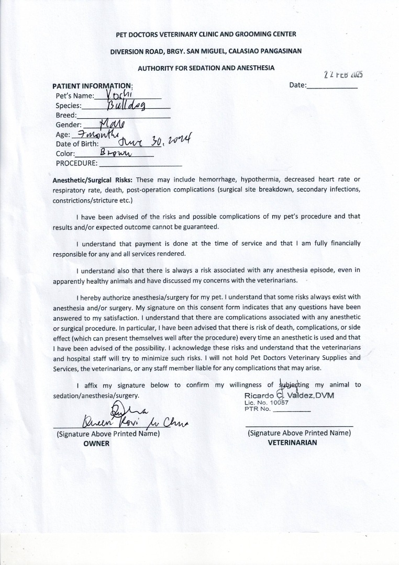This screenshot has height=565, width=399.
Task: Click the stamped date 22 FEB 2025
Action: pos(343,74)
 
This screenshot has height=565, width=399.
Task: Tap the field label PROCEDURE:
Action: pos(76,163)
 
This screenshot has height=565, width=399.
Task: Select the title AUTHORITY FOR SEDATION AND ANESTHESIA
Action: pos(206,68)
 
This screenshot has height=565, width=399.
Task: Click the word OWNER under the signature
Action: pos(97,443)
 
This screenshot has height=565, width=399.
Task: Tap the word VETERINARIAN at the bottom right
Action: pos(292,442)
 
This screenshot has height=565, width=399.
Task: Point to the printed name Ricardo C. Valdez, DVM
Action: pos(289,395)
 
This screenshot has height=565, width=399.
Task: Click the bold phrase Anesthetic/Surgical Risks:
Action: pos(93,179)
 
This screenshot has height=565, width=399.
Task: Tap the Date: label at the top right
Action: pos(297,85)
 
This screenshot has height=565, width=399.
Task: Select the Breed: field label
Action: pos(66,115)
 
